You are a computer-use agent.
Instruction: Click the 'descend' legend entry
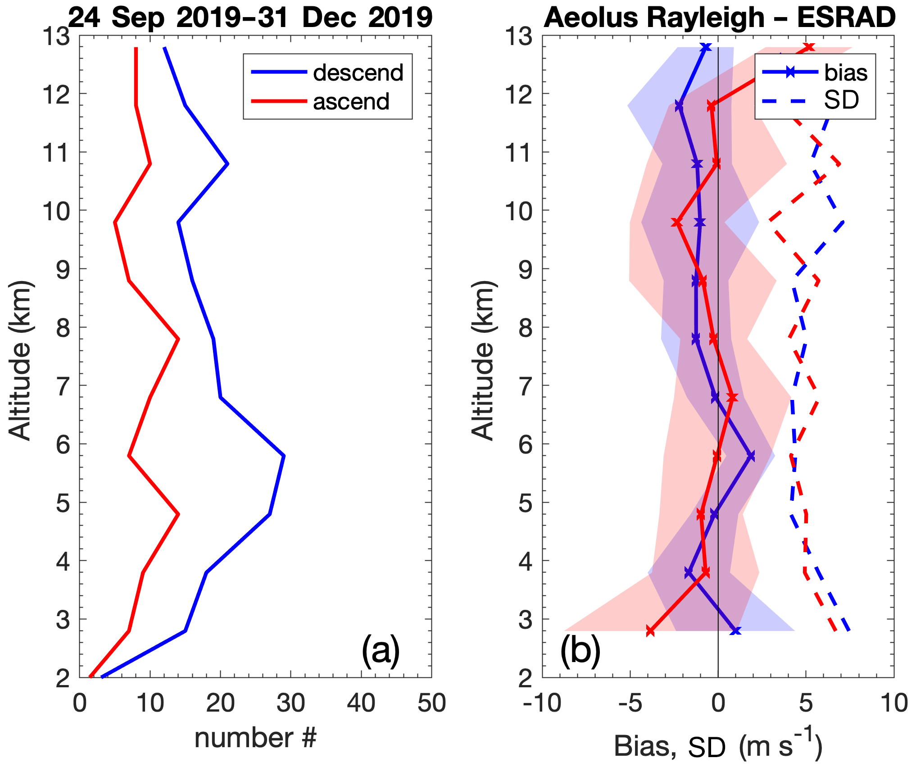(x=358, y=73)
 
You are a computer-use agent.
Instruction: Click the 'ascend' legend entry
(x=351, y=102)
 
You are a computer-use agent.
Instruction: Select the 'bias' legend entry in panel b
(x=845, y=73)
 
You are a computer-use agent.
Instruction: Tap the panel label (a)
(x=381, y=650)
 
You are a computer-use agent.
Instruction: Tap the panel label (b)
(x=580, y=650)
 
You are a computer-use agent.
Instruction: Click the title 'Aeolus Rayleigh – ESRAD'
(x=719, y=18)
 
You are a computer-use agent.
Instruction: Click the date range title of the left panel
(x=250, y=18)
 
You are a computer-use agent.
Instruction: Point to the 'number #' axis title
(x=255, y=738)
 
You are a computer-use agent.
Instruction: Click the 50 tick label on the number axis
(x=431, y=703)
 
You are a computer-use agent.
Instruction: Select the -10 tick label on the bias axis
(x=542, y=703)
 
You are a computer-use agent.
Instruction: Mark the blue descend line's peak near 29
(x=283, y=456)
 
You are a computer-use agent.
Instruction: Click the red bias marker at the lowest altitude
(x=650, y=631)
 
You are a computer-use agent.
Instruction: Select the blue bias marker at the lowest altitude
(x=735, y=631)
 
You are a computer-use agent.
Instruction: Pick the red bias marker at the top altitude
(x=809, y=47)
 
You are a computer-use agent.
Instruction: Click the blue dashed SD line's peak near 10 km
(x=843, y=222)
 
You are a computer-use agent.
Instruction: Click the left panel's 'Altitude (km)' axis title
(x=20, y=360)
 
